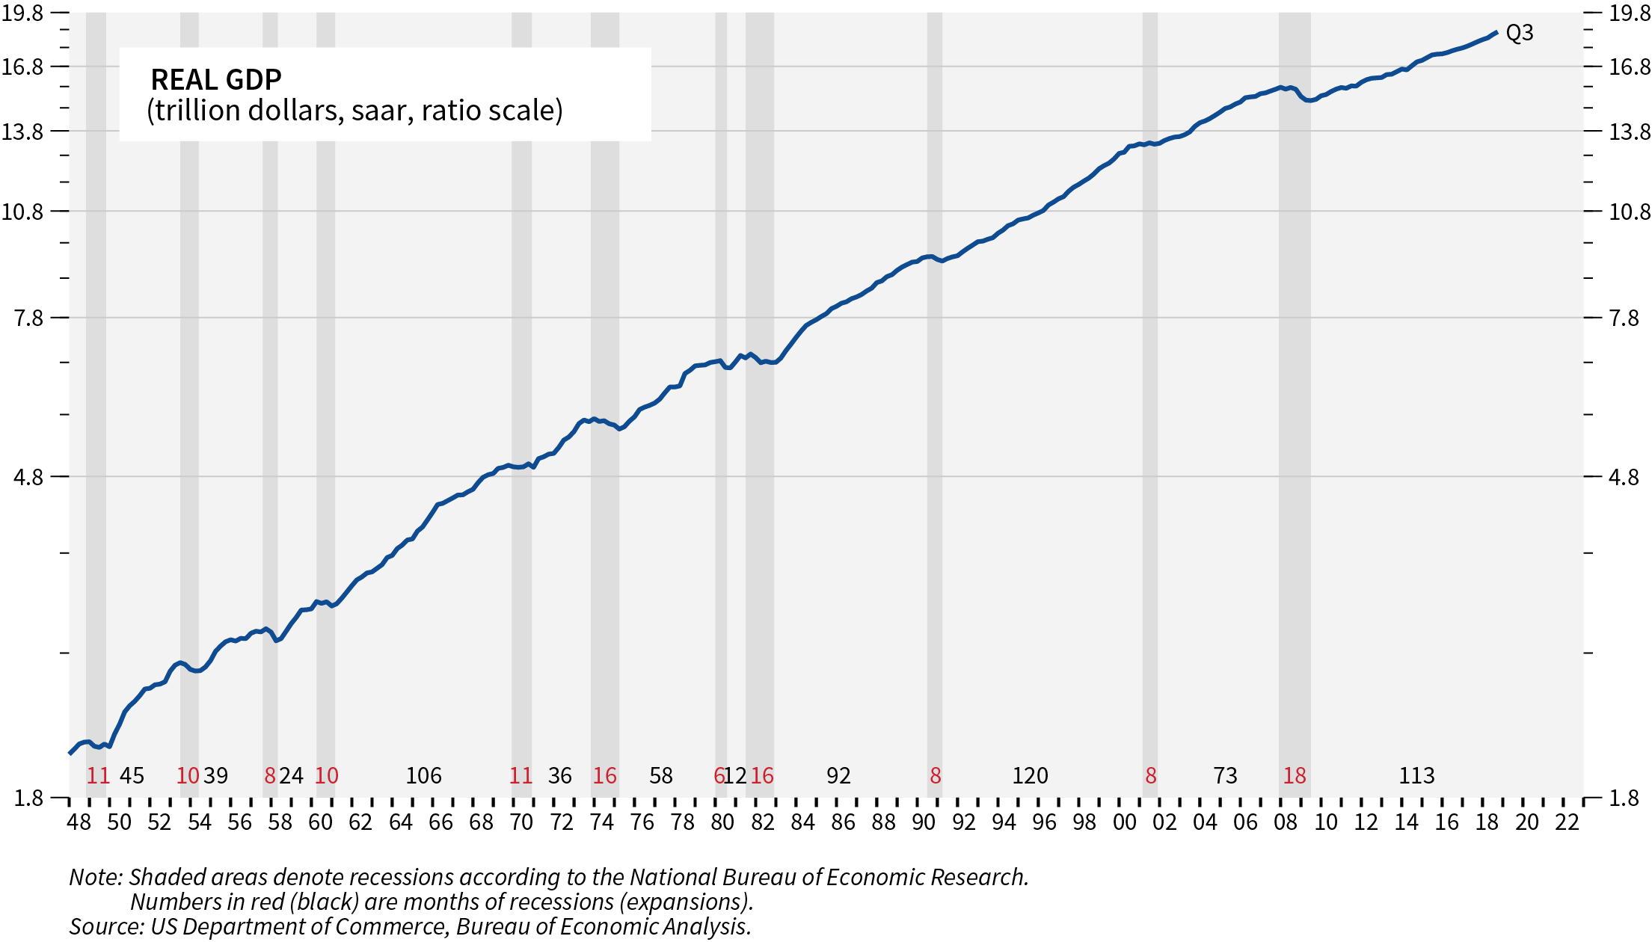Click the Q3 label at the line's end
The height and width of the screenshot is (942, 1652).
click(1519, 33)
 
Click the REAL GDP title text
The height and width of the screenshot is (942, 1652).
click(216, 79)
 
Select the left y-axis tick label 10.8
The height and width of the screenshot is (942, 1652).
click(23, 212)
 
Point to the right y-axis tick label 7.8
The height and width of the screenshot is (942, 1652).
click(1624, 318)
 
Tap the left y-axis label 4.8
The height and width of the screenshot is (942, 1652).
click(28, 477)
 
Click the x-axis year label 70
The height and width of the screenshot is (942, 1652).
click(521, 822)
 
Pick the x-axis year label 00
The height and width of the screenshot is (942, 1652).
click(1125, 822)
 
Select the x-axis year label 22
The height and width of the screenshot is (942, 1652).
click(1567, 822)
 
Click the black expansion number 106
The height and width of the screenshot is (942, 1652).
click(423, 776)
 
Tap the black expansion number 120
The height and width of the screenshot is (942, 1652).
click(1030, 776)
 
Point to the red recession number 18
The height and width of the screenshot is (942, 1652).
click(1295, 776)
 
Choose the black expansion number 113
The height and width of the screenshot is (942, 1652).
click(1416, 776)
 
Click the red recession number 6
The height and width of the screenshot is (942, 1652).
click(719, 776)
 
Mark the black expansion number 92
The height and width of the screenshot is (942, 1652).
click(838, 776)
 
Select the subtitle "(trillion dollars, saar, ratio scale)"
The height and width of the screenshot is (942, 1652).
click(354, 111)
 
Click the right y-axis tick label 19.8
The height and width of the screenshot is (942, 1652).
click(1630, 13)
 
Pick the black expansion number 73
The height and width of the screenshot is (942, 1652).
click(1225, 776)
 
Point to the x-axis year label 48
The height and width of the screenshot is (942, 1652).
click(79, 822)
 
